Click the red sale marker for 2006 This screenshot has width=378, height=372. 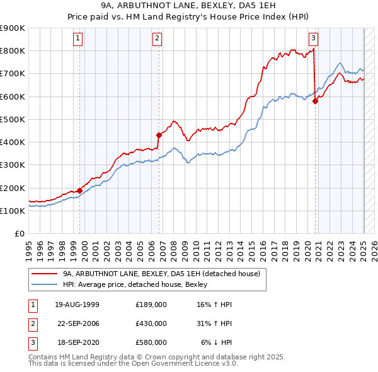pyautogui.click(x=159, y=135)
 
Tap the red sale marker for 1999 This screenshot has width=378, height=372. pyautogui.click(x=80, y=190)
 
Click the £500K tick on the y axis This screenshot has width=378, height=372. pyautogui.click(x=13, y=119)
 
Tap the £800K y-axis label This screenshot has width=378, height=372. pyautogui.click(x=13, y=50)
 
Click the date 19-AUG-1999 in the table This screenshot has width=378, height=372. pyautogui.click(x=77, y=305)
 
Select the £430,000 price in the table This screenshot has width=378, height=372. pyautogui.click(x=151, y=323)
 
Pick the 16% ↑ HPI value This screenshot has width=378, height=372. pyautogui.click(x=215, y=305)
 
